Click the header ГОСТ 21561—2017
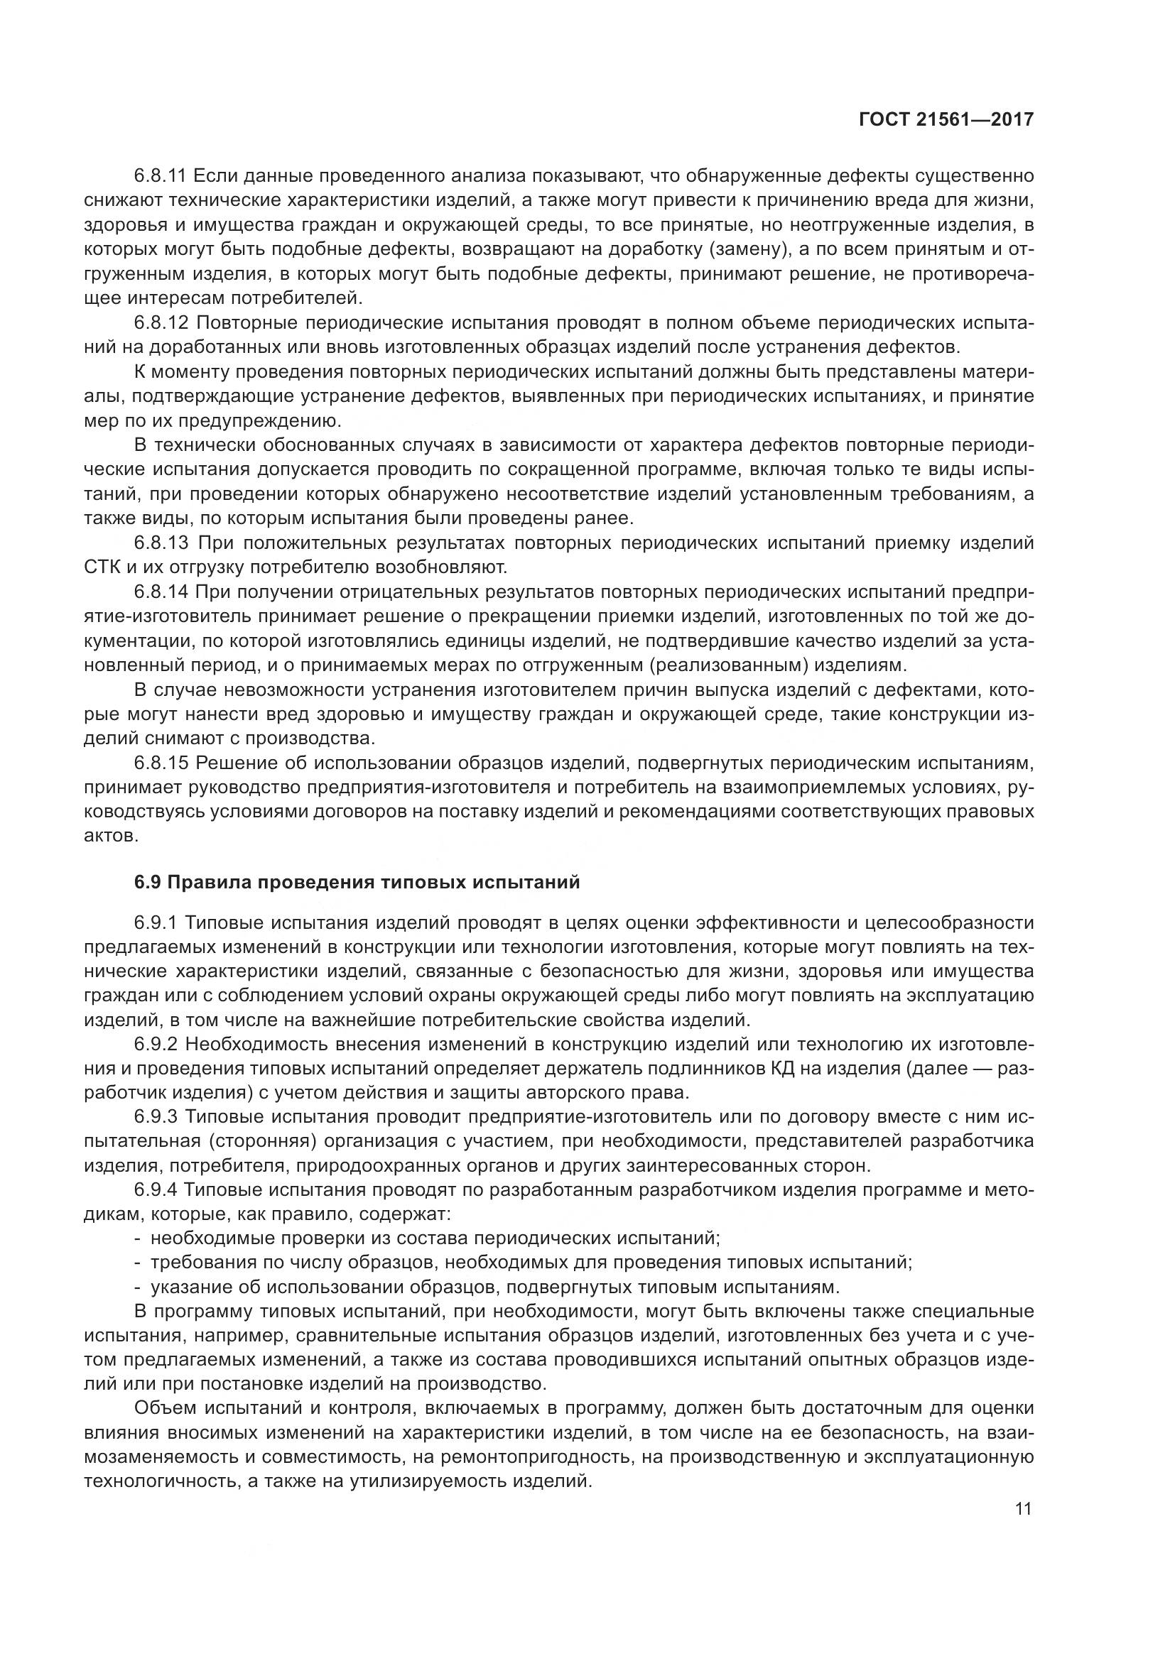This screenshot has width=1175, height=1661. [x=946, y=120]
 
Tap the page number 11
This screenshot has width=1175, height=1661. [x=1023, y=1508]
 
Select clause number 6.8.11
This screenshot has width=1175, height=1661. [x=161, y=176]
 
